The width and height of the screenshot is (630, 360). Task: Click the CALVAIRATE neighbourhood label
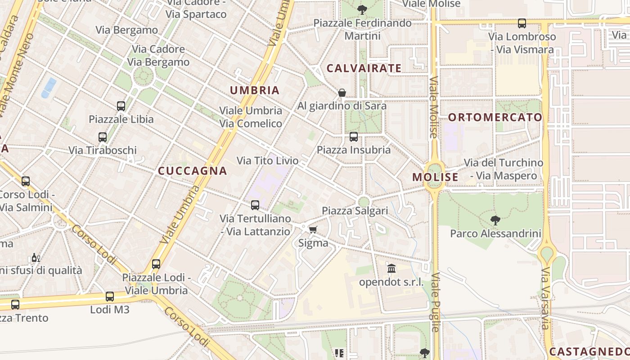pyautogui.click(x=364, y=68)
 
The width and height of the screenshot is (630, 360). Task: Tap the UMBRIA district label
pyautogui.click(x=255, y=90)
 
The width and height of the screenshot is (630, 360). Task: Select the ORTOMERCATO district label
pyautogui.click(x=495, y=117)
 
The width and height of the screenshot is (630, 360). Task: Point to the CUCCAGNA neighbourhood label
pyautogui.click(x=193, y=171)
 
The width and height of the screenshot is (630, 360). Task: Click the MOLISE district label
pyautogui.click(x=435, y=177)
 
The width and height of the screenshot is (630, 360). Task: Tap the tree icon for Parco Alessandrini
pyautogui.click(x=495, y=220)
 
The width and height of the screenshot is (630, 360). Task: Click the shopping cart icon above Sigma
pyautogui.click(x=313, y=230)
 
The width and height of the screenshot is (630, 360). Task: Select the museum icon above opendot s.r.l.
pyautogui.click(x=391, y=269)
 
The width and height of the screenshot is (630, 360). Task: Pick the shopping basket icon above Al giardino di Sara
pyautogui.click(x=342, y=93)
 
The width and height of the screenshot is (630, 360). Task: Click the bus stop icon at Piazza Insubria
pyautogui.click(x=354, y=136)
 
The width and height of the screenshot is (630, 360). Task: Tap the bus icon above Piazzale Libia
pyautogui.click(x=121, y=106)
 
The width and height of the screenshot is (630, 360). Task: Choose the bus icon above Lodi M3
pyautogui.click(x=110, y=297)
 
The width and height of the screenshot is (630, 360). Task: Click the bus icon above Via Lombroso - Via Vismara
pyautogui.click(x=522, y=23)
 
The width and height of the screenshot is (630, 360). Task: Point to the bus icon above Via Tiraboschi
pyautogui.click(x=103, y=137)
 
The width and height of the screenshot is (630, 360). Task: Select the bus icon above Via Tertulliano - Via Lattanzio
pyautogui.click(x=255, y=205)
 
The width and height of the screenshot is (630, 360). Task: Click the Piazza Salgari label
pyautogui.click(x=355, y=211)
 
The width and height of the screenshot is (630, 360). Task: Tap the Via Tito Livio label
pyautogui.click(x=267, y=161)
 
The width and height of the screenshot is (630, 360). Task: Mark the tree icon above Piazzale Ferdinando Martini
pyautogui.click(x=362, y=9)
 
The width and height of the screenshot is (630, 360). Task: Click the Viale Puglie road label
pyautogui.click(x=436, y=302)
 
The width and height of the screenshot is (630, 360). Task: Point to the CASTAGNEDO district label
pyautogui.click(x=589, y=351)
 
